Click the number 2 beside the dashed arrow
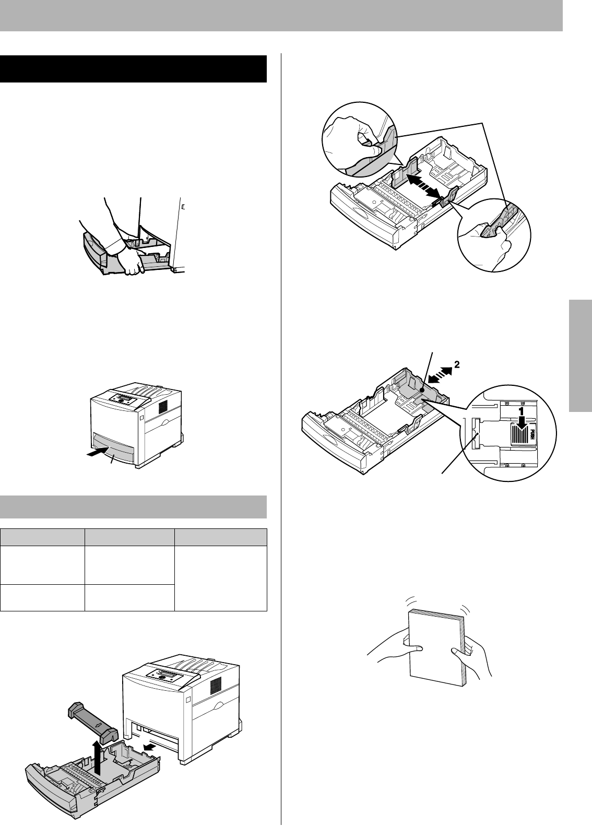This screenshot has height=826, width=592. [456, 365]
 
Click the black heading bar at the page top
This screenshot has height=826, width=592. [133, 69]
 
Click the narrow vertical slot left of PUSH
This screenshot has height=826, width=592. [475, 433]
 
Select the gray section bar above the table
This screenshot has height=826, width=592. [133, 506]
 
